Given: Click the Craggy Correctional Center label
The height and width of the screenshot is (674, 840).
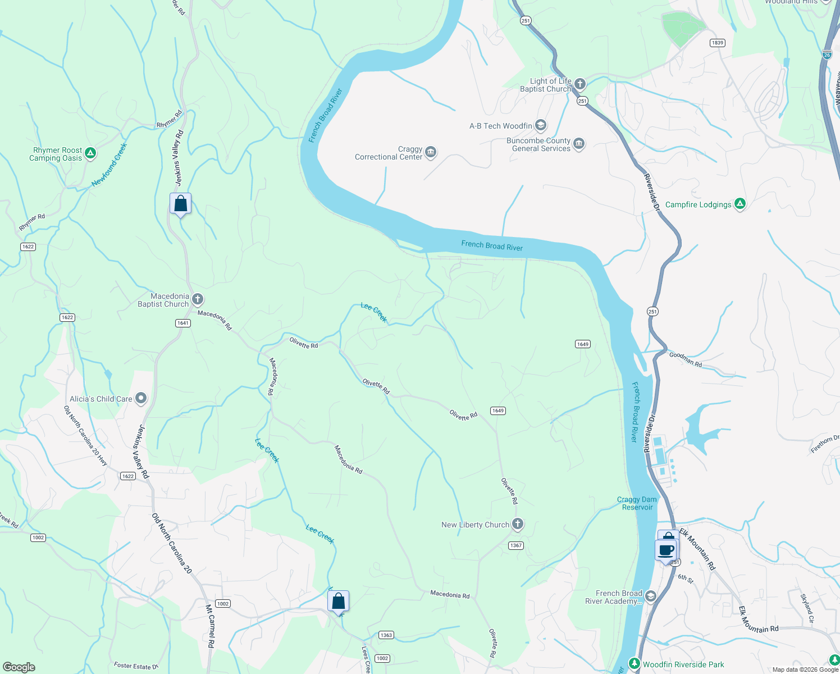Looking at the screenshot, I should [x=388, y=153].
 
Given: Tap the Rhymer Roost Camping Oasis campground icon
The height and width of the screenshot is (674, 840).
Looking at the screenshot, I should [x=90, y=153].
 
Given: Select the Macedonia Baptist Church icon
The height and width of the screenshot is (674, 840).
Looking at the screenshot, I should [x=197, y=299].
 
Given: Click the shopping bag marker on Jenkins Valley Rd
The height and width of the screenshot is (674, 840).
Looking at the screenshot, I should [x=181, y=203].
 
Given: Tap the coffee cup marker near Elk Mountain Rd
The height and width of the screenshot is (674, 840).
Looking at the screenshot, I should [x=666, y=550].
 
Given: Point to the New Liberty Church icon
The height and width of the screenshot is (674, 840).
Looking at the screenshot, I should [x=518, y=524].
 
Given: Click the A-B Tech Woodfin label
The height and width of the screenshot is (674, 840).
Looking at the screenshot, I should [x=500, y=126].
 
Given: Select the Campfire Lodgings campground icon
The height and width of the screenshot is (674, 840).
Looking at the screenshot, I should [x=740, y=204].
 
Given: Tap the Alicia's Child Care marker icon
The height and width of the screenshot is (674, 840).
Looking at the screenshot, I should [x=141, y=398].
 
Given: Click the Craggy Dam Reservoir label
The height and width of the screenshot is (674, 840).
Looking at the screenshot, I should [x=637, y=503].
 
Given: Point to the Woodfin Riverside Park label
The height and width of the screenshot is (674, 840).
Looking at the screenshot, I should [x=683, y=664].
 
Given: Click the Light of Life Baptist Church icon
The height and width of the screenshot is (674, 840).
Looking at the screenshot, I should [x=580, y=84].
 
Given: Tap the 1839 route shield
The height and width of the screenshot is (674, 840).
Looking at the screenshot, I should [x=717, y=43].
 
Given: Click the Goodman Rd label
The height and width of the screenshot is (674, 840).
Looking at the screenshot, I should [x=686, y=359].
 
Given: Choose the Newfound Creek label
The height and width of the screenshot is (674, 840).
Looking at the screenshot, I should [x=109, y=165].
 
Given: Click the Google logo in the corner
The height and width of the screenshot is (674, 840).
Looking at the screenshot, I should [x=19, y=667].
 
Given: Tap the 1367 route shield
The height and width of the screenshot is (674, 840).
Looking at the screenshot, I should [x=515, y=545].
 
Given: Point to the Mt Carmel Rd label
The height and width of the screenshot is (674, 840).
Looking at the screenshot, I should [x=210, y=626].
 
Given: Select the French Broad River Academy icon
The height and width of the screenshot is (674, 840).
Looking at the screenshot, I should [x=651, y=596].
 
